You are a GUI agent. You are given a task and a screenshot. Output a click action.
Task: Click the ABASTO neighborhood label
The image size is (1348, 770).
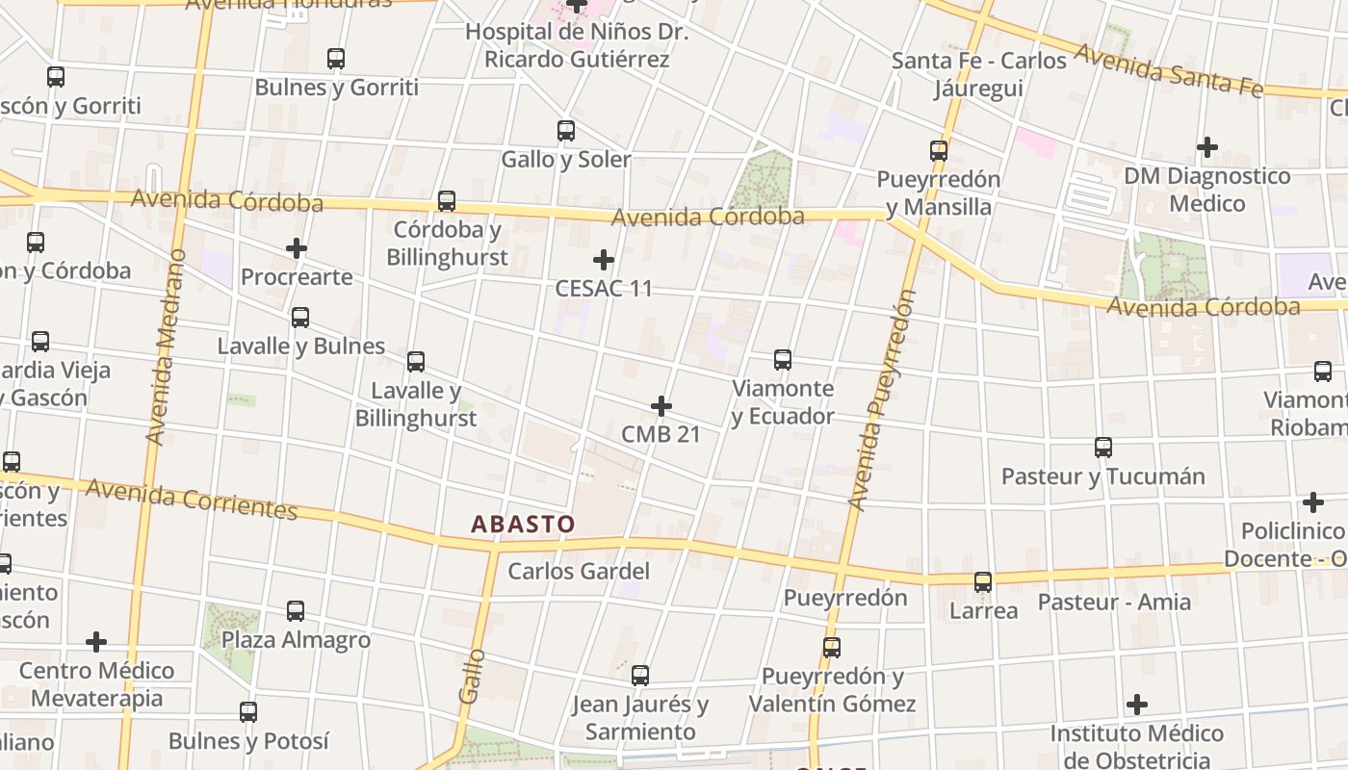click(x=523, y=525)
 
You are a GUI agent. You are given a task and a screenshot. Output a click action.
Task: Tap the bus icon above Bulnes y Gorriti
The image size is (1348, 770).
click(x=336, y=59)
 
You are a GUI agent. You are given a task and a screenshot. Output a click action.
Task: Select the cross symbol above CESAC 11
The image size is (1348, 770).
click(x=604, y=260)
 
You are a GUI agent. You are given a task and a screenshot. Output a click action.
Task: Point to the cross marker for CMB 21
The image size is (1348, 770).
click(x=661, y=406)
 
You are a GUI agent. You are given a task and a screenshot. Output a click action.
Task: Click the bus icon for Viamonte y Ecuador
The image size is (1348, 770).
click(x=783, y=360)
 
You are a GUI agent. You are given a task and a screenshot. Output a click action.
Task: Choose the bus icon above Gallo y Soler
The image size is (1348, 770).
click(x=566, y=131)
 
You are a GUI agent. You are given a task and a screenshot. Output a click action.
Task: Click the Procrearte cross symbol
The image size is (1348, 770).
click(x=297, y=249)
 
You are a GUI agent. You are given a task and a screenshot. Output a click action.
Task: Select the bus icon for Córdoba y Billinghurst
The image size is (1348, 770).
click(x=447, y=201)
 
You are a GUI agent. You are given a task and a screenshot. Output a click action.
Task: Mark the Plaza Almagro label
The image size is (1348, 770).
click(x=296, y=640)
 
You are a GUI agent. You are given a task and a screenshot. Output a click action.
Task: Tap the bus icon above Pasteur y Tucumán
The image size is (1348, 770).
click(x=1103, y=448)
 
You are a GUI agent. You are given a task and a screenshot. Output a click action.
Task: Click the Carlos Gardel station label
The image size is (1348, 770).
click(x=579, y=571)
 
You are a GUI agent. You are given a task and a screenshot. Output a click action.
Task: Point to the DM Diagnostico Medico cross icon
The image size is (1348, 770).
click(x=1207, y=147)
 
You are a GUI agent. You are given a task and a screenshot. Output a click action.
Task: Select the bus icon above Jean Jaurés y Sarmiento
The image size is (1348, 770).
click(x=640, y=676)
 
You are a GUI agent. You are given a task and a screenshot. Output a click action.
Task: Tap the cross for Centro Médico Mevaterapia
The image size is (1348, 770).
click(x=96, y=642)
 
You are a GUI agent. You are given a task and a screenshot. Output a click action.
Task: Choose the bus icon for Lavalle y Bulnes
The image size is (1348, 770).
click(x=300, y=318)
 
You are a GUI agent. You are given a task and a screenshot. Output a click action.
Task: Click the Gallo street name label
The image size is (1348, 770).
click(x=472, y=676)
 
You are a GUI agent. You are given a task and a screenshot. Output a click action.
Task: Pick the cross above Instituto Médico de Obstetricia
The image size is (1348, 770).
click(x=1137, y=706)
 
